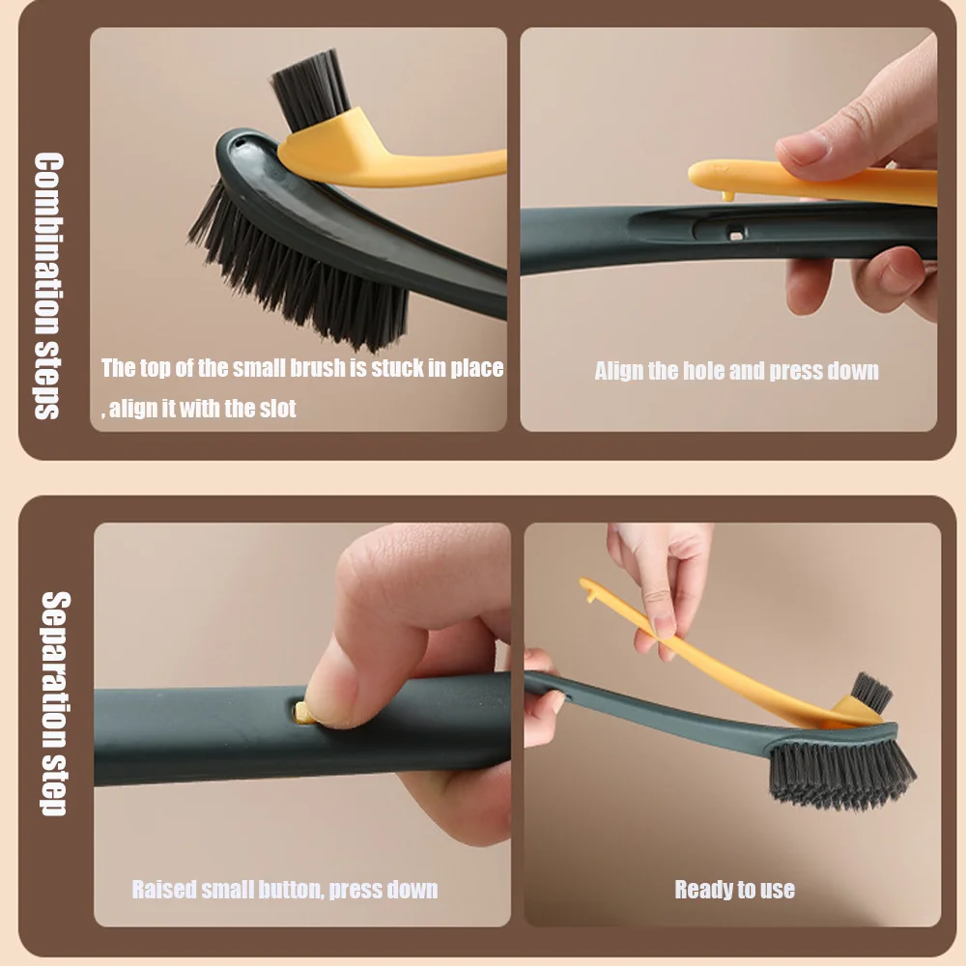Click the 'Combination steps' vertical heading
click(48, 285)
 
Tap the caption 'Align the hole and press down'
click(736, 371)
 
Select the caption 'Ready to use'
click(734, 890)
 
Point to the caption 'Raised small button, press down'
click(284, 890)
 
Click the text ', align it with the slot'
click(199, 409)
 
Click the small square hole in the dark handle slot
click(736, 234)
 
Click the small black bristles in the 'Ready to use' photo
click(872, 692)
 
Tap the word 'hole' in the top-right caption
click(702, 371)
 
